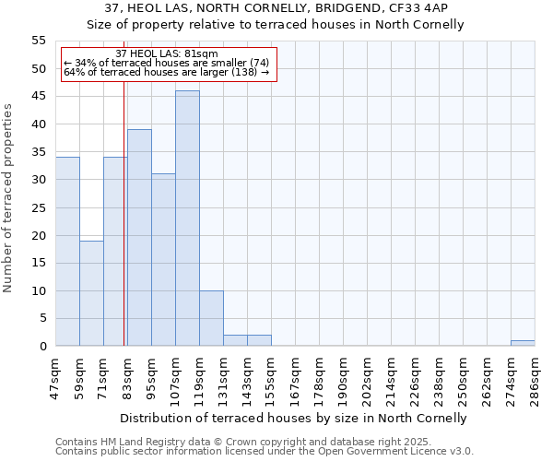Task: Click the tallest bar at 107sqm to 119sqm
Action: pos(187,219)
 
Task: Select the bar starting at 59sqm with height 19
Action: pos(91,293)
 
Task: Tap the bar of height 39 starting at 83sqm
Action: pos(139,238)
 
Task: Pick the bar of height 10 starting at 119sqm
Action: pos(211,318)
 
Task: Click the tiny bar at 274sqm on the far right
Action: pos(523,343)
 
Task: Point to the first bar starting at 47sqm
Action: pos(67,252)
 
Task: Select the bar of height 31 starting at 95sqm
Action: pos(163,260)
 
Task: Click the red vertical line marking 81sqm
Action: pos(124,230)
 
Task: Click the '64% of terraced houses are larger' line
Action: pos(167,72)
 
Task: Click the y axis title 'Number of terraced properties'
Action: pos(8,198)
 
